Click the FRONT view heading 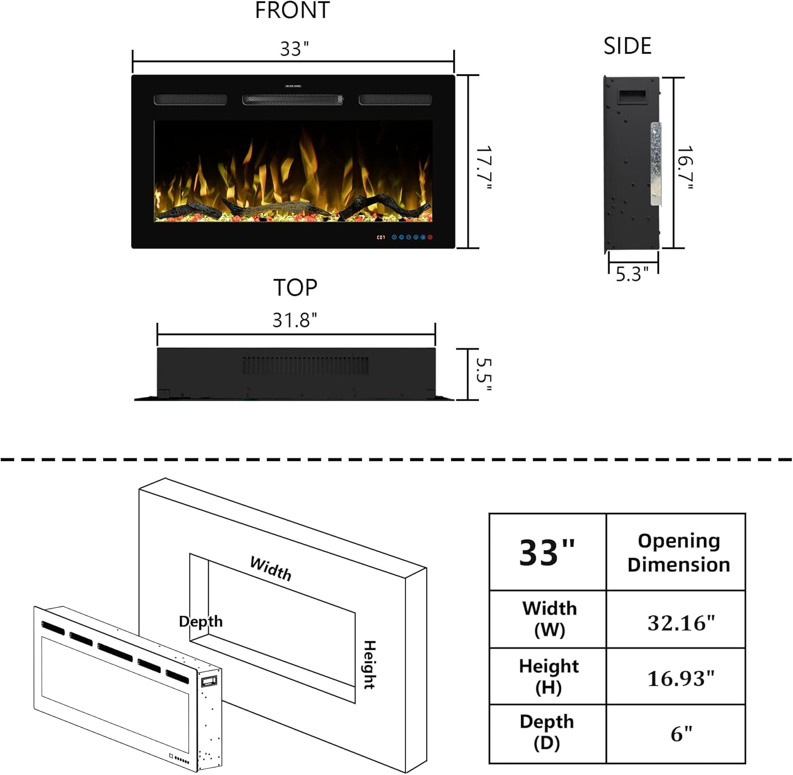tap(292, 11)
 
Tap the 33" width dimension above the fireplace tap(294, 49)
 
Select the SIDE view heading tap(628, 47)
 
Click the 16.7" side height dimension tap(685, 168)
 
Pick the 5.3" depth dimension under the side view tap(632, 274)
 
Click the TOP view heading tap(295, 288)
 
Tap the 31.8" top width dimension tap(294, 320)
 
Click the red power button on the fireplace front tap(430, 237)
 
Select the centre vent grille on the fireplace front tap(292, 99)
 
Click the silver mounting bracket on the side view tap(656, 164)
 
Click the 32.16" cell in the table tap(681, 623)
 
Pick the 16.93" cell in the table tap(681, 678)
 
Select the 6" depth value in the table tap(681, 734)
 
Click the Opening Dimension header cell tap(679, 553)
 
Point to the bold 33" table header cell tap(547, 553)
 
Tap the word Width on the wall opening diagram tap(271, 569)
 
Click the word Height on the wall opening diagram tap(369, 664)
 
